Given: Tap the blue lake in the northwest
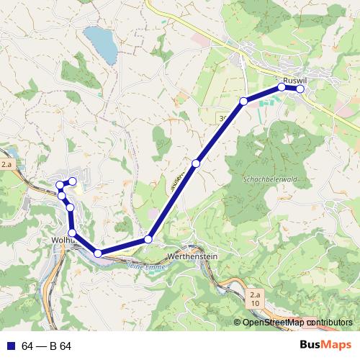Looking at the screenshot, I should coord(101,44).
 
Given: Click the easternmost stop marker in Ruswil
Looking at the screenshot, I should coord(300,89).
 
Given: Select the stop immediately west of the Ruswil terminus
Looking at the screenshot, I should coord(282,87).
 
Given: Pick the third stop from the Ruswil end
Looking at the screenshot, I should coord(243,101).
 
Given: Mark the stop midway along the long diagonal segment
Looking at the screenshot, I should coord(196,164).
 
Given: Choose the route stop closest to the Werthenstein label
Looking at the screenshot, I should coord(148,239).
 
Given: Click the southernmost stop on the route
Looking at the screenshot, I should coord(98,253).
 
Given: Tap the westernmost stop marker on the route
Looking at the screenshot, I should coord(60,185).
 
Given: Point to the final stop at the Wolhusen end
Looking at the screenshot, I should coord(73,181).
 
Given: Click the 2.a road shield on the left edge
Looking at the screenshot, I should coord(7,165).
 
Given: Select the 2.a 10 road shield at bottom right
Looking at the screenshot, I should coord(254,300).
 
